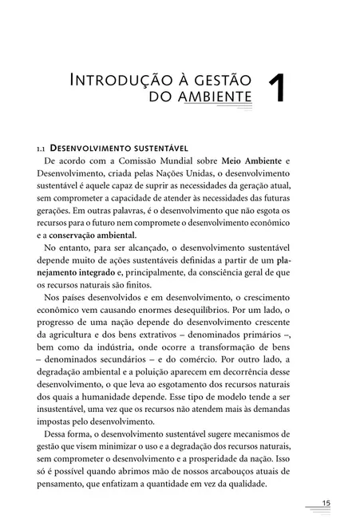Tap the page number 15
326,501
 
